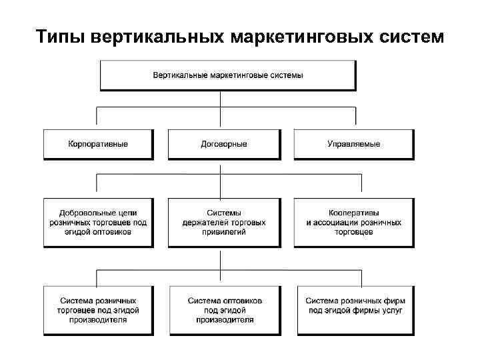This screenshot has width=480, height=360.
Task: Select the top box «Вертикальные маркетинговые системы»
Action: pos(227,75)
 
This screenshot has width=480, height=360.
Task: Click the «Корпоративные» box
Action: pos(98,144)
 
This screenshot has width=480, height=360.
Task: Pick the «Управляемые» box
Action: pos(354,144)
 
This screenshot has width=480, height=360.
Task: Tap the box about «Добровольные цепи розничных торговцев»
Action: pos(98,222)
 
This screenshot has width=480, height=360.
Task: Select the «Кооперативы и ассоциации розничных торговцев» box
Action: pos(354,222)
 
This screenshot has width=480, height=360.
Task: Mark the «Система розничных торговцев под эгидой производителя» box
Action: pos(98,310)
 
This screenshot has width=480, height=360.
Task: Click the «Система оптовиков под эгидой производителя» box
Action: pos(224,310)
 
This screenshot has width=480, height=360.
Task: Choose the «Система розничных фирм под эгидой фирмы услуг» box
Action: pos(354,310)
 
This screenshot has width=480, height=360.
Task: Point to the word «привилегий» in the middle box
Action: pos(224,232)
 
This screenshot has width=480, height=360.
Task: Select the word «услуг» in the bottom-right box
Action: pos(391,311)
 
